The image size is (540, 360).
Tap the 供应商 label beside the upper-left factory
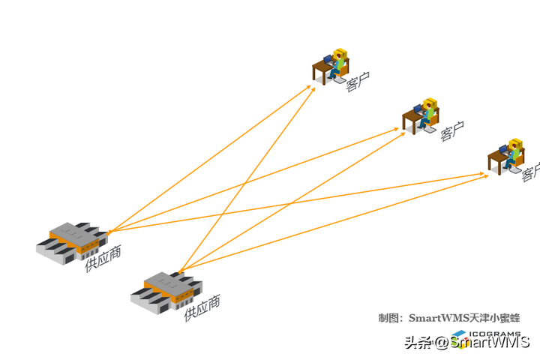pos(103,257)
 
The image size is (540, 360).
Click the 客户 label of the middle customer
pos(451,133)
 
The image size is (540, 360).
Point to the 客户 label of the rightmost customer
pos(530,172)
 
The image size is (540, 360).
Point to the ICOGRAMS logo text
pos(495,334)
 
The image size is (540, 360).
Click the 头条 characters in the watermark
pos(418,343)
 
